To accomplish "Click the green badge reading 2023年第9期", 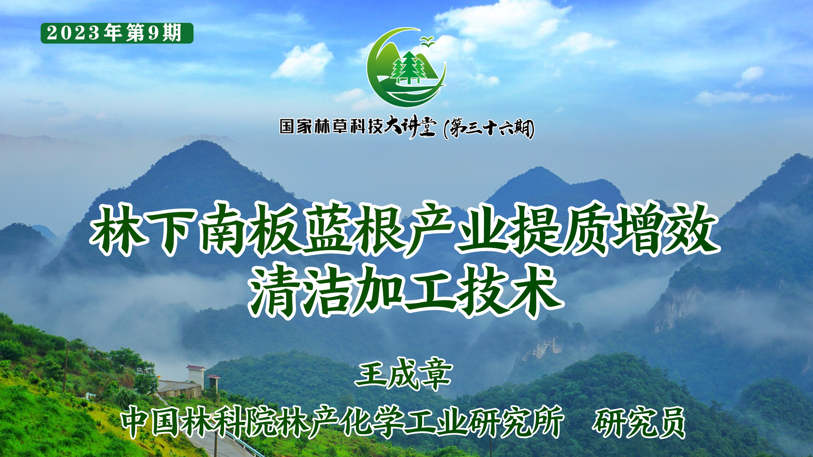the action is [x=117, y=33].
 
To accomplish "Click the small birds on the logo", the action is [x=427, y=41].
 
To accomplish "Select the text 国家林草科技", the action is [x=332, y=126].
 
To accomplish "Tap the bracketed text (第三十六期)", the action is [x=489, y=128].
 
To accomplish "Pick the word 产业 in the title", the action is [x=458, y=229].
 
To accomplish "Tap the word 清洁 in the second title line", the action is [x=300, y=291].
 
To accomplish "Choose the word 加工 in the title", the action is [x=405, y=291].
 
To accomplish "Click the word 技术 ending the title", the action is [x=510, y=291].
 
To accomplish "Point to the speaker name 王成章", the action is [x=404, y=374].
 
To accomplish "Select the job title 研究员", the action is [x=639, y=422].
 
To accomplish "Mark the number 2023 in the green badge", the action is [x=73, y=33].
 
